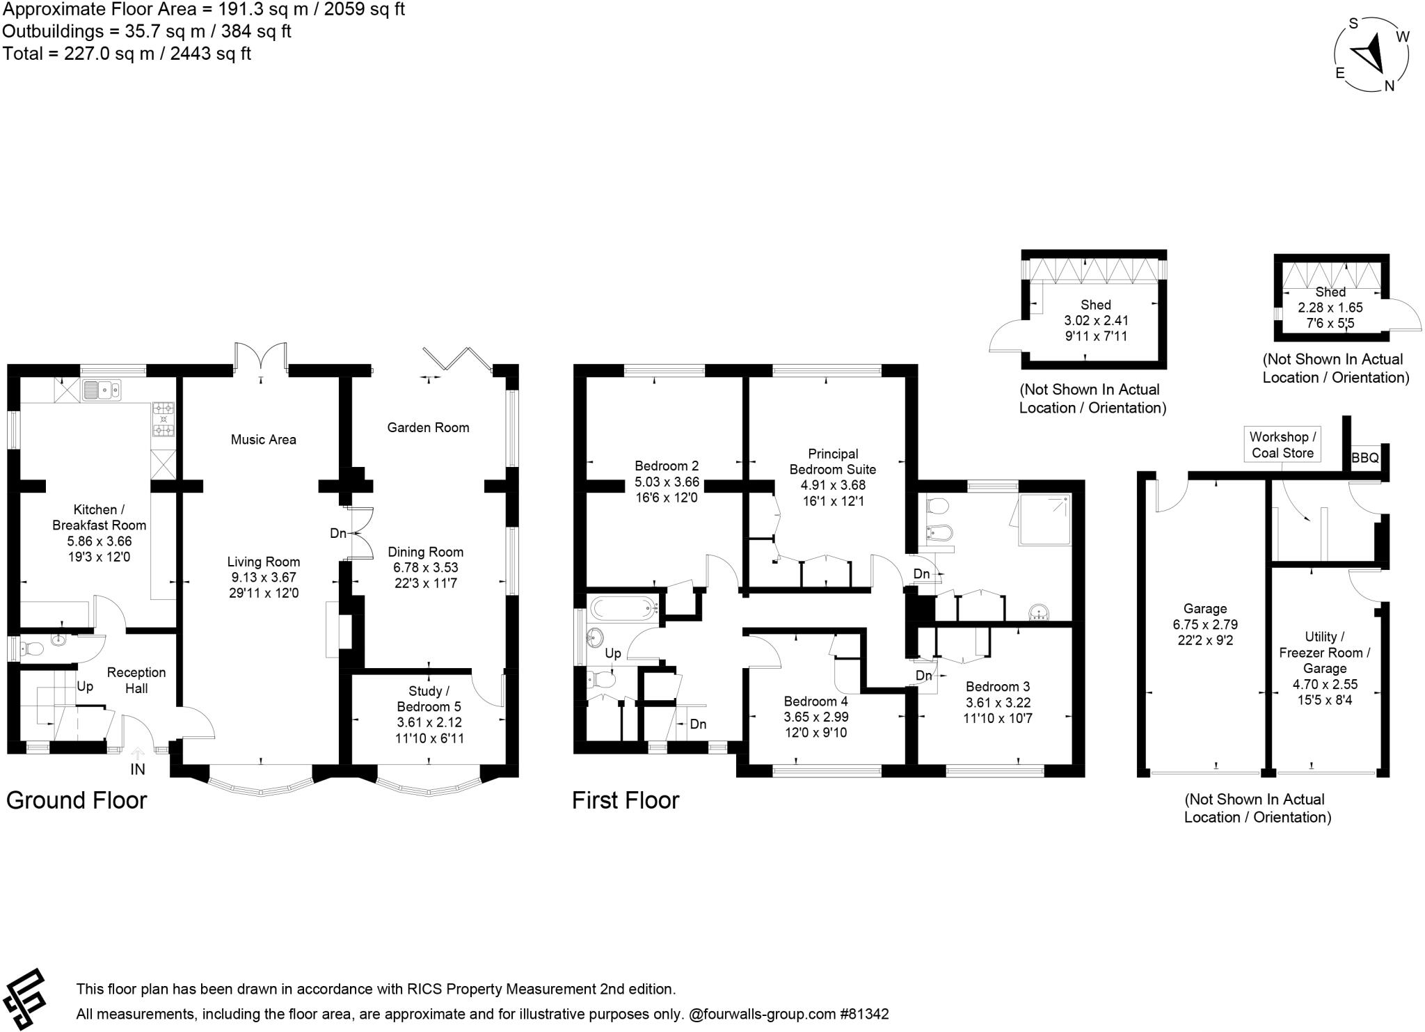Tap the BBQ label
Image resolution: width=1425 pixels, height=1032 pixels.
pyautogui.click(x=1364, y=458)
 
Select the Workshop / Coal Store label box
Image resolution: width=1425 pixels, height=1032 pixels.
pyautogui.click(x=1282, y=445)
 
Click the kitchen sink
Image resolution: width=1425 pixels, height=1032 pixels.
pyautogui.click(x=101, y=390)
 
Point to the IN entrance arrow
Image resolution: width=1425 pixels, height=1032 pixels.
pyautogui.click(x=138, y=754)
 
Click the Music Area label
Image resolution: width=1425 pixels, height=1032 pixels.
pyautogui.click(x=263, y=439)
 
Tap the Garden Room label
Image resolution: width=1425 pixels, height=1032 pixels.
pyautogui.click(x=428, y=427)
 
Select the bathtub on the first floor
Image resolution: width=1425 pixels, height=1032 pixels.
pyautogui.click(x=623, y=608)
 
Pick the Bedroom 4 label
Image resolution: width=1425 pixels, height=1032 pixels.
pyautogui.click(x=816, y=701)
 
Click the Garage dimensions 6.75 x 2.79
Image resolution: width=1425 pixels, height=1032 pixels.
pyautogui.click(x=1205, y=624)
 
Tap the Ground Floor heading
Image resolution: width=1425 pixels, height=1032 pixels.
pyautogui.click(x=77, y=800)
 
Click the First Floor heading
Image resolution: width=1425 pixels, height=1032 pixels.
pyautogui.click(x=626, y=800)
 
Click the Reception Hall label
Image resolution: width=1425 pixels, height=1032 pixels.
pyautogui.click(x=136, y=680)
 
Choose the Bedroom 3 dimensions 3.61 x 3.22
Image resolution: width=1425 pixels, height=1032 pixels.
pyautogui.click(x=998, y=703)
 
